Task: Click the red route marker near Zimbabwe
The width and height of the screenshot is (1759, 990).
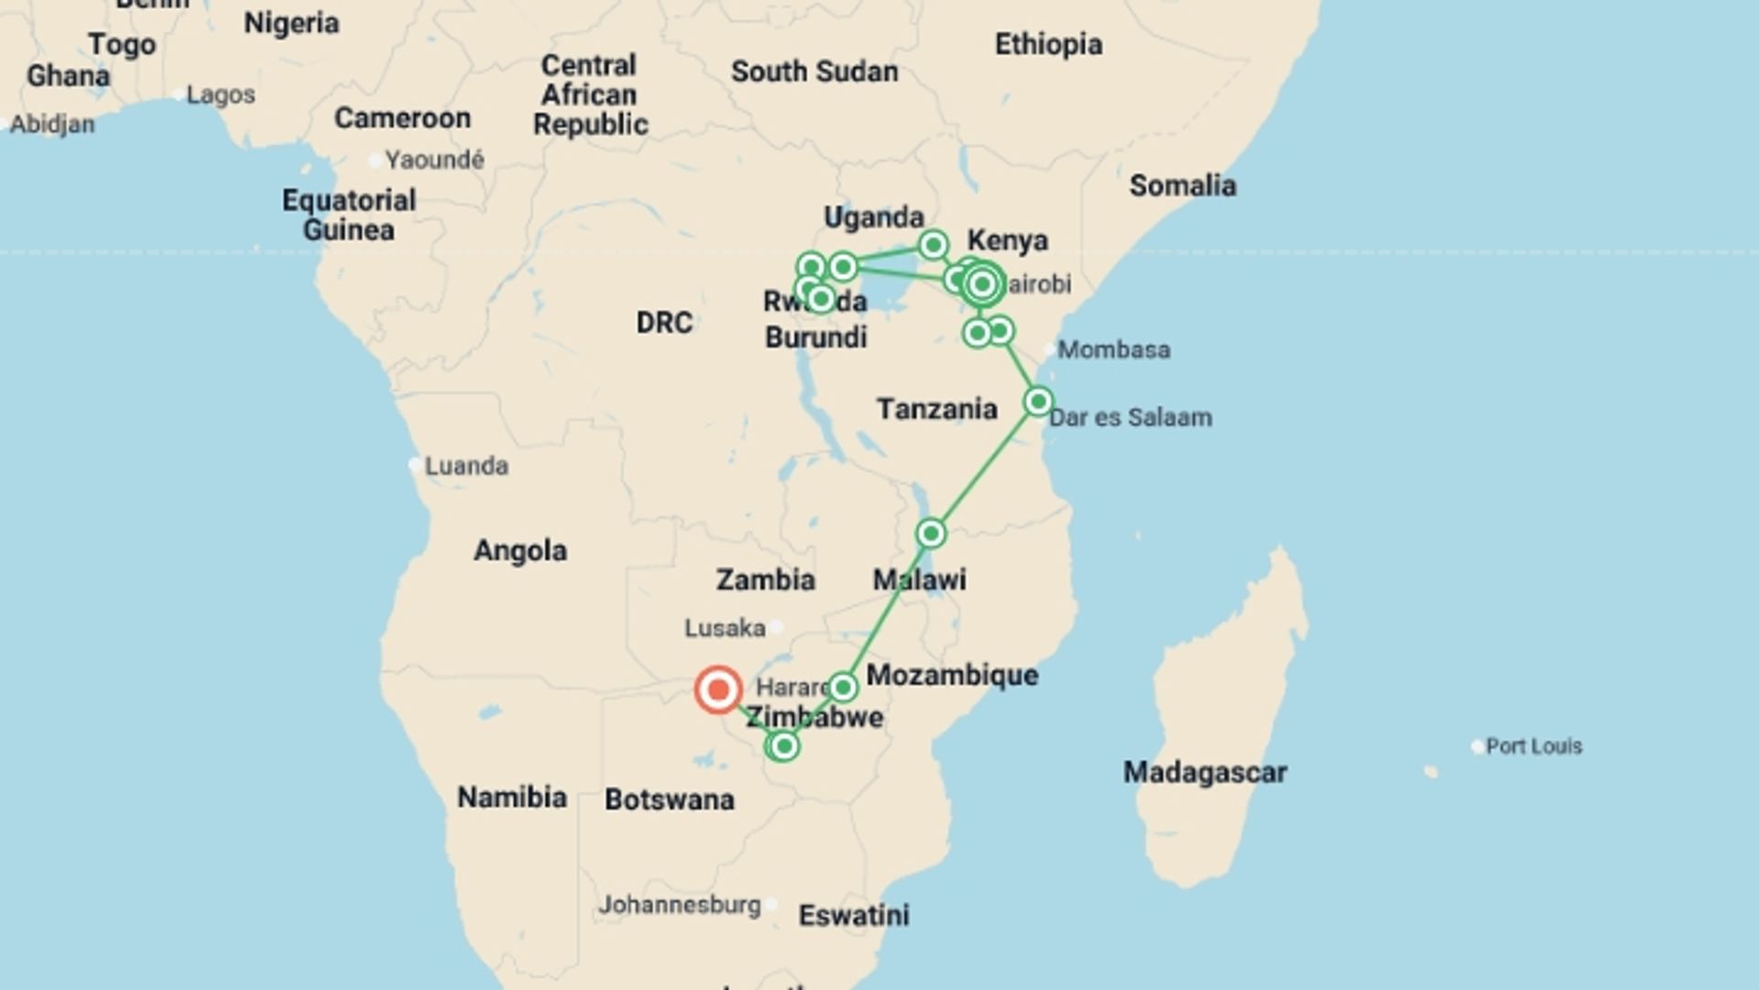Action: pos(717,689)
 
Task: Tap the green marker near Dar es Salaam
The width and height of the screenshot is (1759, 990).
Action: pos(1038,401)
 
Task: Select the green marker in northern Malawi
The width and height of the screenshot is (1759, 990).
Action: pos(931,533)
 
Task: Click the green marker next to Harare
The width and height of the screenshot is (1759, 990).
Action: pos(843,687)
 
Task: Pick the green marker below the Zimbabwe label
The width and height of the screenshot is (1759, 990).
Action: pos(783,747)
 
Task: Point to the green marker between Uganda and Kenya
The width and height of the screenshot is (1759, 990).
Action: pos(934,245)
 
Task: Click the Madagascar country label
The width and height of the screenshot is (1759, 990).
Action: pos(1205,773)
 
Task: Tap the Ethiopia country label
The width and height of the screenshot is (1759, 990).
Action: pos(1048,44)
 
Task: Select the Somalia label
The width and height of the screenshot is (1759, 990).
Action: pos(1182,185)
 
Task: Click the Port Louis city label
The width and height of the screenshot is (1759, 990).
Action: pos(1533,746)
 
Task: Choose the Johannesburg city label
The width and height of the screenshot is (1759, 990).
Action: pos(679,905)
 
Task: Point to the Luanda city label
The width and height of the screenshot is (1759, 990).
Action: pos(466,466)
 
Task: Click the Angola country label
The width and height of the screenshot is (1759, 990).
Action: pos(519,550)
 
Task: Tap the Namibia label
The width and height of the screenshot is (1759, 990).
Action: pos(511,797)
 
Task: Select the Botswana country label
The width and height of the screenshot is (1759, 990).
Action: pos(669,799)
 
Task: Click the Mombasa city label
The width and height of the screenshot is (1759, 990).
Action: pos(1113,349)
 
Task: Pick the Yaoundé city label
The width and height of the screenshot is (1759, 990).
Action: pos(433,159)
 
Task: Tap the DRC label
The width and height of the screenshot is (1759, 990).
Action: pos(664,323)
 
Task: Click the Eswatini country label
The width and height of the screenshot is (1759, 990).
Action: pos(854,915)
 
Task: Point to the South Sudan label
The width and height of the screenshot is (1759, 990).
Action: pos(814,71)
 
